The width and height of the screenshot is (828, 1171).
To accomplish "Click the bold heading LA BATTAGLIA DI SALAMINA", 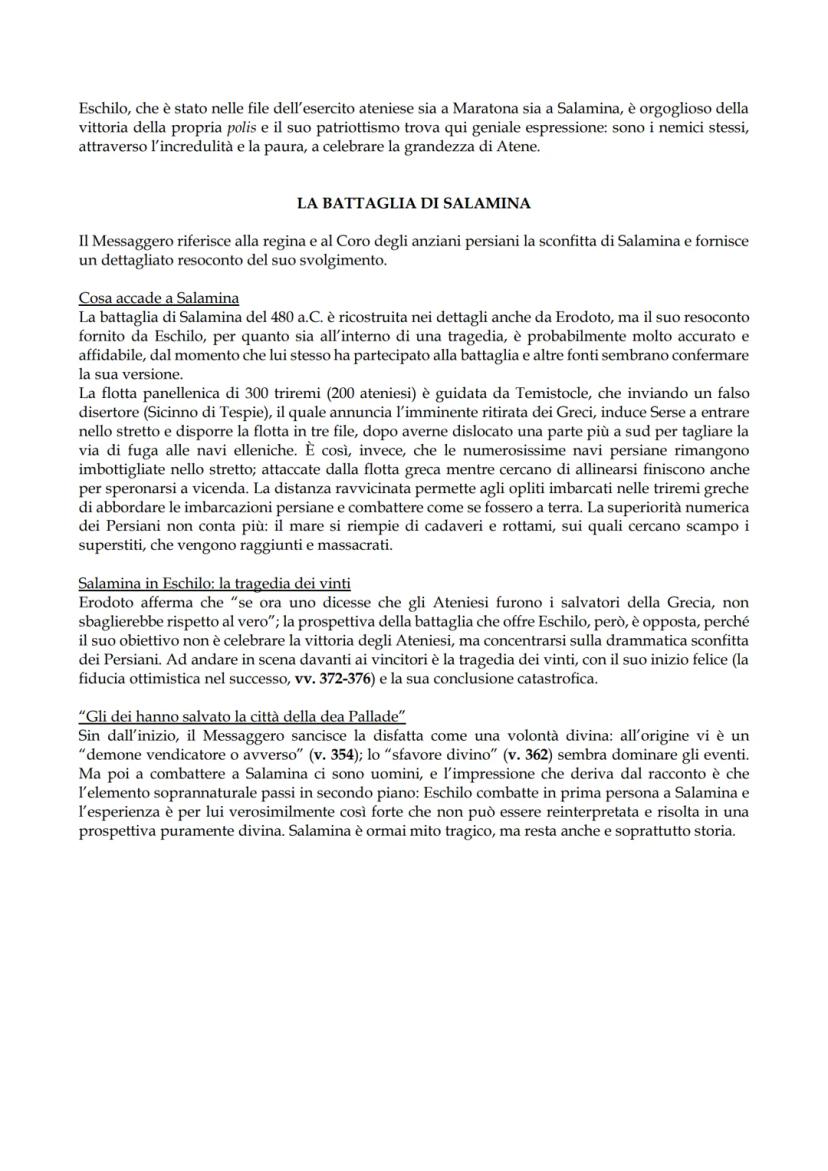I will [413, 203].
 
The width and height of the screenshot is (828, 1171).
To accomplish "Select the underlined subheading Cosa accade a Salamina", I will [158, 298].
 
